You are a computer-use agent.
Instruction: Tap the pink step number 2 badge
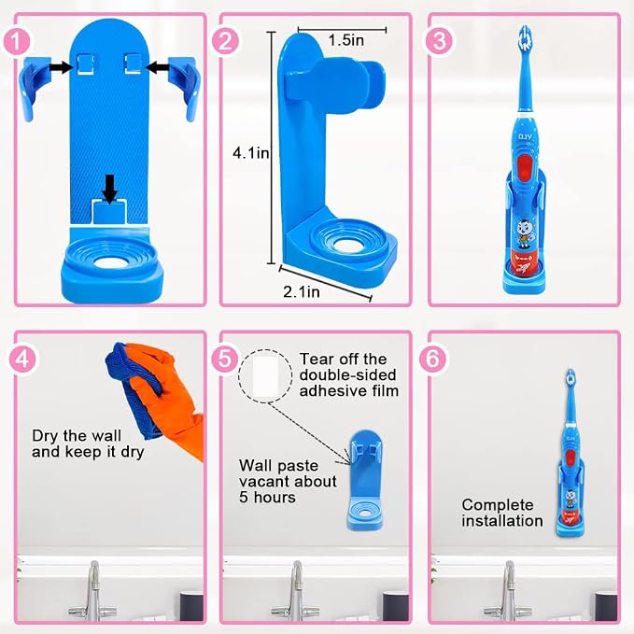coord(226,41)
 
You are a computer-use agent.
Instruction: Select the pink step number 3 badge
coord(438,41)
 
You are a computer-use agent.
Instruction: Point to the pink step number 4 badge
coord(23,359)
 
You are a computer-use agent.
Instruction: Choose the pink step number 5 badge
coord(225,359)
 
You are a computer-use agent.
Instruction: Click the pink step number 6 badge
coord(433,359)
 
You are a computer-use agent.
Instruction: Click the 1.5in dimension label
coord(346,40)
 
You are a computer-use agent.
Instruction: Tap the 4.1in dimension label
coord(250,153)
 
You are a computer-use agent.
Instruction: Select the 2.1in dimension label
coord(302,291)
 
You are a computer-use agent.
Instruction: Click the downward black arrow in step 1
coord(109,189)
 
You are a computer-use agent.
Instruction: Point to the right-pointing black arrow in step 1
coord(62,67)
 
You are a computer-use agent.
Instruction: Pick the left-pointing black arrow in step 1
coord(157,67)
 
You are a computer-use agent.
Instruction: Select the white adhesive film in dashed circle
coord(265,376)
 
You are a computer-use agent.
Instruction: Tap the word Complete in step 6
coord(498,505)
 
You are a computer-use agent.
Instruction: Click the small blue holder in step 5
coord(365,480)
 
